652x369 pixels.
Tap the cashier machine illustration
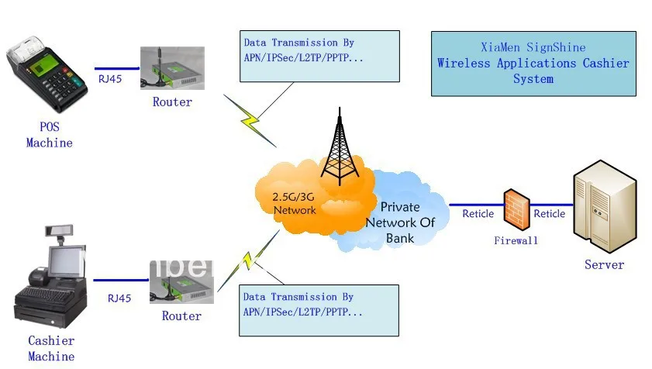50,277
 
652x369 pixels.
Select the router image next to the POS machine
172,67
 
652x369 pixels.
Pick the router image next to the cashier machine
181,282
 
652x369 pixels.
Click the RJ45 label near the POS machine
110,79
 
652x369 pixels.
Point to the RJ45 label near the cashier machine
119,298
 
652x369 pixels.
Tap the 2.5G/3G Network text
294,203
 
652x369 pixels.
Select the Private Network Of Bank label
400,222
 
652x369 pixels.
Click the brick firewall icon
516,209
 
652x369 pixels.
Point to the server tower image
605,206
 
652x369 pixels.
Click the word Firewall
516,240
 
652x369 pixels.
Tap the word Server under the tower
604,264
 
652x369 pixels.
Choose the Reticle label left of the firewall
478,214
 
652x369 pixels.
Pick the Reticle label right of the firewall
550,214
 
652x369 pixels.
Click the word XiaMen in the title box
500,47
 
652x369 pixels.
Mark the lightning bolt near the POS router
250,121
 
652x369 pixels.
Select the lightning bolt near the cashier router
249,260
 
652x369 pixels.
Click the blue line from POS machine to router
117,68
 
